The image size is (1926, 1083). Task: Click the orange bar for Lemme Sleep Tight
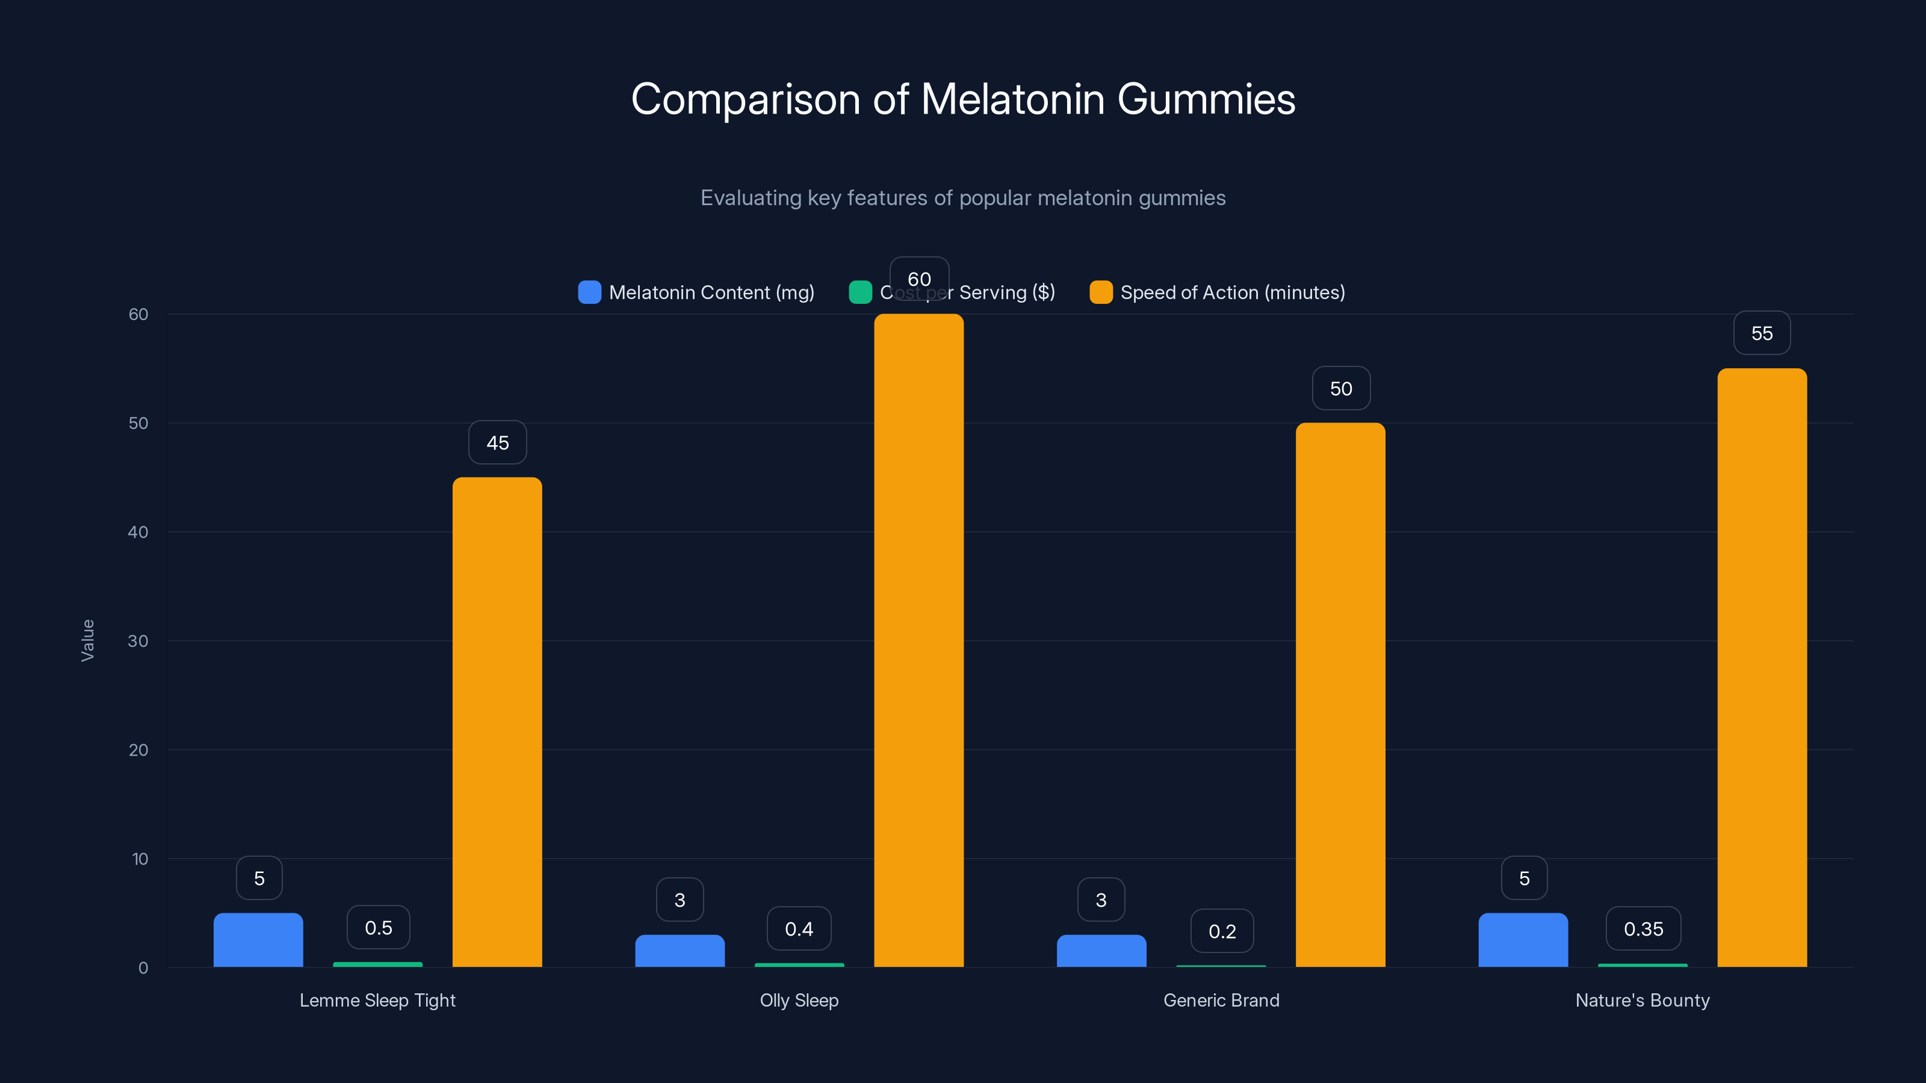click(x=497, y=721)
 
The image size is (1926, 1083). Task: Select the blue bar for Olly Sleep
click(x=680, y=951)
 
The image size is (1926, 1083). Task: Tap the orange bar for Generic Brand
click(x=1340, y=694)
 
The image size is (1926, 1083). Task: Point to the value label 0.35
click(x=1643, y=929)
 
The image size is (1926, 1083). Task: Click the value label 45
click(x=497, y=442)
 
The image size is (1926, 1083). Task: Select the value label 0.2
click(x=1222, y=931)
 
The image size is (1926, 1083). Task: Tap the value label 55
click(x=1762, y=333)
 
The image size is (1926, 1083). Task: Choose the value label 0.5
click(x=379, y=928)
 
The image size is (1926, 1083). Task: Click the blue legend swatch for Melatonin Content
click(x=589, y=292)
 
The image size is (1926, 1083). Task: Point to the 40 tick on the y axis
click(x=138, y=532)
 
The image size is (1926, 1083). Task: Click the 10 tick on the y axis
click(x=140, y=859)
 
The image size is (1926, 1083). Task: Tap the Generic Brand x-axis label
click(x=1221, y=1000)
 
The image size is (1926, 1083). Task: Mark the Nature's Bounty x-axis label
click(x=1642, y=1000)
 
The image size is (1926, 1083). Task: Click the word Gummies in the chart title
click(x=1206, y=99)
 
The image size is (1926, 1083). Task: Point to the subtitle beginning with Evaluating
click(x=962, y=198)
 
